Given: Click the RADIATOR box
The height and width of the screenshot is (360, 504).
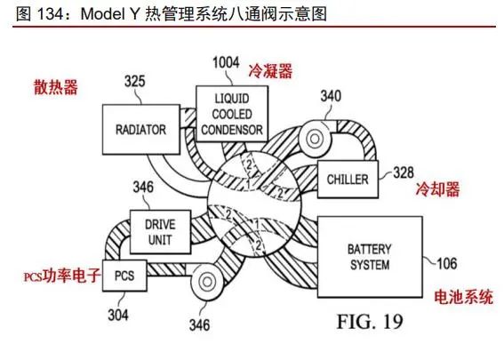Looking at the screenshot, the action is coord(141,129).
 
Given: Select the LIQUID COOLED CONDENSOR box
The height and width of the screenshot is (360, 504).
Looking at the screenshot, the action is coord(232,114).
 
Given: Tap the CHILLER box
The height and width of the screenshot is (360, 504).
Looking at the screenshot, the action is coord(348,179).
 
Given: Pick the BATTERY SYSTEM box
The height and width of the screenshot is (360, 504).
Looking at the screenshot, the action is coord(370,257).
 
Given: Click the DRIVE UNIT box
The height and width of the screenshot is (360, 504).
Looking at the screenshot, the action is coord(160,232).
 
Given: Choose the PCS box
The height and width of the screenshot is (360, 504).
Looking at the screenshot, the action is coord(124,276).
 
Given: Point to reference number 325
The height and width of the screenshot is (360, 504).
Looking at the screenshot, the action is coord(135,81).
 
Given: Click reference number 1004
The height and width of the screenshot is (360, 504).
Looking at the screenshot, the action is coord(227,62).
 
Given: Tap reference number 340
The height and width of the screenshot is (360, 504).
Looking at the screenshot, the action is coord(331,96).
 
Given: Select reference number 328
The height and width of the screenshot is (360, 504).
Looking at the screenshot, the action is coord(404,172).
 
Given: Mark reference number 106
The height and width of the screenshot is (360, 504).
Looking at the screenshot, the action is coord(446,264).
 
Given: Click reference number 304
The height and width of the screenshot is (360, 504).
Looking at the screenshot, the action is coord(118,315).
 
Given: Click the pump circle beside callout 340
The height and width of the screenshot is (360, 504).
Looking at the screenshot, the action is coord(315,139).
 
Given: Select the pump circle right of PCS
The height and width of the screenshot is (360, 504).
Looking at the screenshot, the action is coord(207,282).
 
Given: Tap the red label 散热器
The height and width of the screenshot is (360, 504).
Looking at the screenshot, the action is coord(56,87).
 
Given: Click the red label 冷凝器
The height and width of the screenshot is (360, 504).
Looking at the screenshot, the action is coord(270,71).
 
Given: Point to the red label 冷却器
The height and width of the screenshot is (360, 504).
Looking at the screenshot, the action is coord(437,188).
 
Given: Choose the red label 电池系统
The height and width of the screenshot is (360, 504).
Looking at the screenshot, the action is coord(463,297).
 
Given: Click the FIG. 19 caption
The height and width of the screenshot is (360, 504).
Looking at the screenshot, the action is coord(370,321).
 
